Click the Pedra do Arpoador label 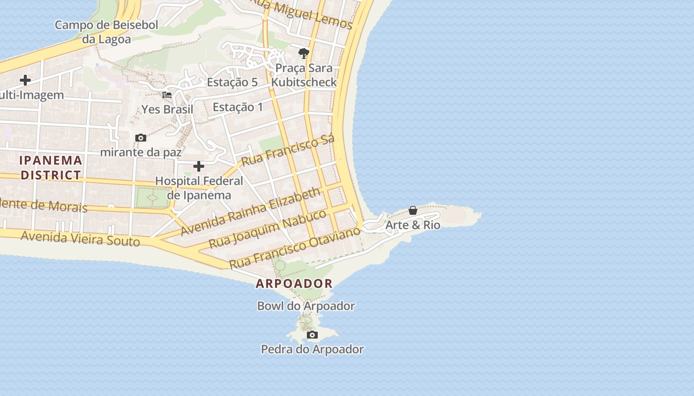[x=312, y=349]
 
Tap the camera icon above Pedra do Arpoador [x=312, y=335]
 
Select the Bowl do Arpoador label [x=306, y=306]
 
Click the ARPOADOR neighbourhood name [x=294, y=284]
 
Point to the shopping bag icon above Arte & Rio [x=413, y=211]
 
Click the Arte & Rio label [x=413, y=225]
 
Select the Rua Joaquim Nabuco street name [x=267, y=229]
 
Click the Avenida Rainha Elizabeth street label [x=250, y=211]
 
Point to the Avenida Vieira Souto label [x=80, y=239]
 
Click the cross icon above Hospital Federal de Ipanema [x=199, y=166]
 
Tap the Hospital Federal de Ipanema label [x=199, y=188]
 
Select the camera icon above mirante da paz [x=141, y=138]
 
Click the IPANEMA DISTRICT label [x=51, y=167]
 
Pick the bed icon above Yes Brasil [x=167, y=95]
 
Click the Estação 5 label [x=232, y=82]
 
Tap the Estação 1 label [x=238, y=107]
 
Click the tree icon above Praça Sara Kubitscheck [x=304, y=52]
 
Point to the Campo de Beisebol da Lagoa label [x=106, y=32]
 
